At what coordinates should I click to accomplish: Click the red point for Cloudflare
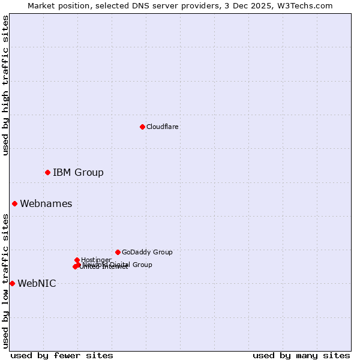(142, 127)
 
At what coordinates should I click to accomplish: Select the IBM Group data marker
(47, 172)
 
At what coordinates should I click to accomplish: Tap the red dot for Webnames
(14, 203)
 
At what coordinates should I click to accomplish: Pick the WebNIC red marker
(12, 283)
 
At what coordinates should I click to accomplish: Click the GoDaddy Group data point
(118, 252)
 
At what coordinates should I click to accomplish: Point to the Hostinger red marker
(77, 260)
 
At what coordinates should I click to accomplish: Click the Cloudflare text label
(163, 127)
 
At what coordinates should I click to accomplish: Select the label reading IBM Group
(78, 173)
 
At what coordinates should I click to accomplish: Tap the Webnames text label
(46, 204)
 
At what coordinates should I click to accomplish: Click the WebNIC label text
(37, 284)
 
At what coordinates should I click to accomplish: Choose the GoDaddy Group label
(147, 253)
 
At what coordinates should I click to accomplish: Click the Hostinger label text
(96, 260)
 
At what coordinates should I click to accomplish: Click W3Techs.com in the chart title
(309, 5)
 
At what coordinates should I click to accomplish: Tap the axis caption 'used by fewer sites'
(62, 355)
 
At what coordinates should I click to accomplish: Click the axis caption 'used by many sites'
(301, 355)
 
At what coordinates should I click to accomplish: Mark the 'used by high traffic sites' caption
(5, 85)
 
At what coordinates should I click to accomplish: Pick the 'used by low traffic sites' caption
(5, 280)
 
